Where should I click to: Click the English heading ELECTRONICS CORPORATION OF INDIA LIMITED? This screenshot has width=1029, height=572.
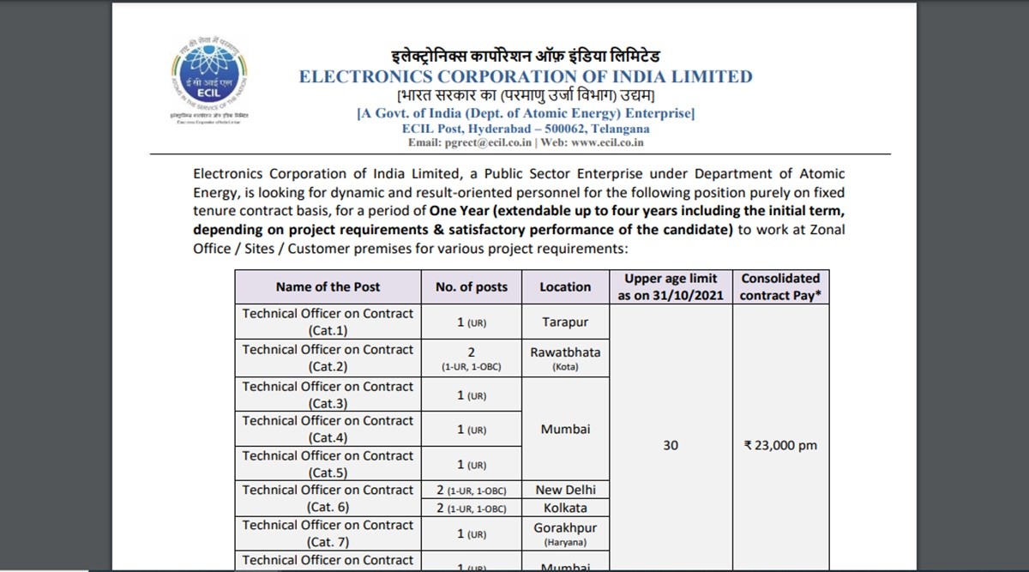click(525, 77)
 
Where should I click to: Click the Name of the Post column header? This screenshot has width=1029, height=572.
click(328, 287)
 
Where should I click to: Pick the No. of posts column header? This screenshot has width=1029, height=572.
click(471, 287)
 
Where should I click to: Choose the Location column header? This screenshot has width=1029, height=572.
click(565, 287)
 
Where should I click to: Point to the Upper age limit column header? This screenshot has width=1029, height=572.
click(671, 287)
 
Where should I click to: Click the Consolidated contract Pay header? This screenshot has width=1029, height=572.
click(780, 287)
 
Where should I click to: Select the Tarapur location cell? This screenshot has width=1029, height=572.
click(565, 322)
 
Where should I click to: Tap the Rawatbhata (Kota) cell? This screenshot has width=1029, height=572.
click(565, 358)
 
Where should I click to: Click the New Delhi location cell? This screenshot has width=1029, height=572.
click(565, 490)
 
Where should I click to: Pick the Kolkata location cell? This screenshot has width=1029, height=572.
click(565, 508)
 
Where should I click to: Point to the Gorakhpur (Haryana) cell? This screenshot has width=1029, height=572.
click(565, 533)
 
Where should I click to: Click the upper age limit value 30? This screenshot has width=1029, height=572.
click(671, 446)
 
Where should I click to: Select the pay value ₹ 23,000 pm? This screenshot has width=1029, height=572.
click(780, 446)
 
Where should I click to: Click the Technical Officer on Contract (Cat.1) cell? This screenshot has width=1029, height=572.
click(328, 322)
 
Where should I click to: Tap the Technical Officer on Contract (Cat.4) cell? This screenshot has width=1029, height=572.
click(328, 429)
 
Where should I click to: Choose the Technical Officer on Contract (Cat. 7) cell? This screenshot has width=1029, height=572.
click(328, 533)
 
